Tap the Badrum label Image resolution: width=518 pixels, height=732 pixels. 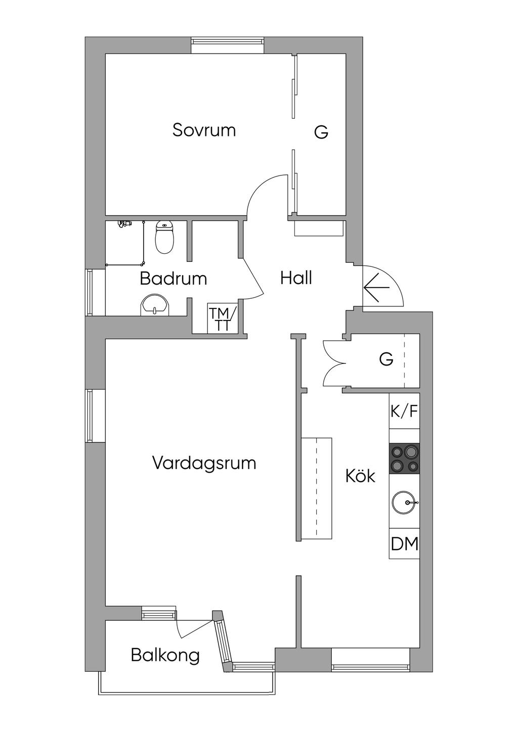(174, 279)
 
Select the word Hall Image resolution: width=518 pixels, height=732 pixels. (296, 278)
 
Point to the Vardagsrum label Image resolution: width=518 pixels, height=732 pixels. (204, 463)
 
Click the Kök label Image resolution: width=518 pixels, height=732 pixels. (360, 476)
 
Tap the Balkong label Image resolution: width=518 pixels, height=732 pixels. (165, 655)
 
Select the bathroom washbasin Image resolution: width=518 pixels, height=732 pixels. (154, 305)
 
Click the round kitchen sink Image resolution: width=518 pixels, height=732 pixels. (405, 502)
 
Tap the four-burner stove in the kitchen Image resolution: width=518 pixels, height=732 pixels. (404, 458)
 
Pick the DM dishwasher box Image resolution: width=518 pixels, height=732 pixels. (405, 544)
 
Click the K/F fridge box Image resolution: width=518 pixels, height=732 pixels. (404, 411)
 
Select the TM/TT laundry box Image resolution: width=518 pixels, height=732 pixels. (222, 319)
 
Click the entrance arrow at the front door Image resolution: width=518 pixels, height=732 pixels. (376, 287)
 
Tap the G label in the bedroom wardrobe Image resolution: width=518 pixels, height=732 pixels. (321, 132)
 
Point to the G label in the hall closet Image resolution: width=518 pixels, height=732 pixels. (386, 359)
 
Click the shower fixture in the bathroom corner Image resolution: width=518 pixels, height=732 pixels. (124, 223)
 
